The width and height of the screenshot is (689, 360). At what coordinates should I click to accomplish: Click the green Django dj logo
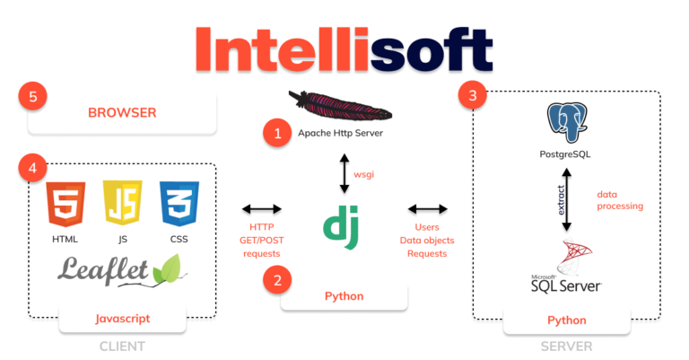tap(343, 228)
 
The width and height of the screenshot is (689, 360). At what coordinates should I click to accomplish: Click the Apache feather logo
tap(343, 106)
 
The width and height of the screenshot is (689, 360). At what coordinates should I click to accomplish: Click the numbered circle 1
tap(277, 134)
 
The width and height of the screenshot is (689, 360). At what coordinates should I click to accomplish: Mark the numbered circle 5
tap(32, 96)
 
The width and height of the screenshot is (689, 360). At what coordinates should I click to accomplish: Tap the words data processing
tap(620, 199)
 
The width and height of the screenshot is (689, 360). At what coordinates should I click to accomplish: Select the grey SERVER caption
tap(567, 346)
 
